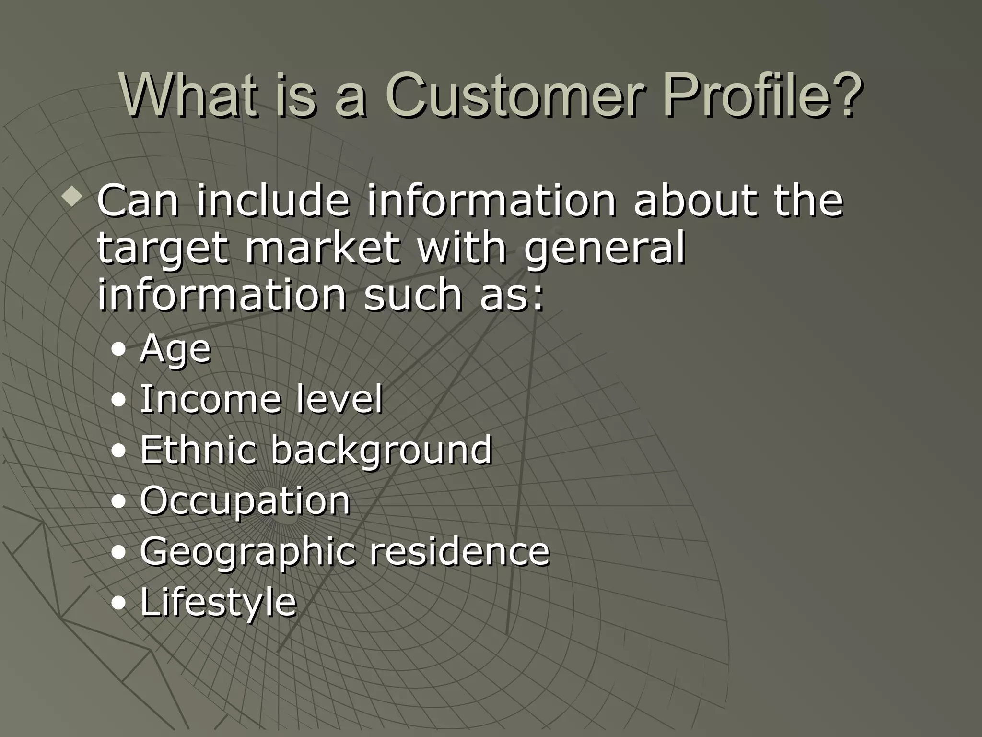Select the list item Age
click(175, 349)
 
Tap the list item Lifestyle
click(218, 603)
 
